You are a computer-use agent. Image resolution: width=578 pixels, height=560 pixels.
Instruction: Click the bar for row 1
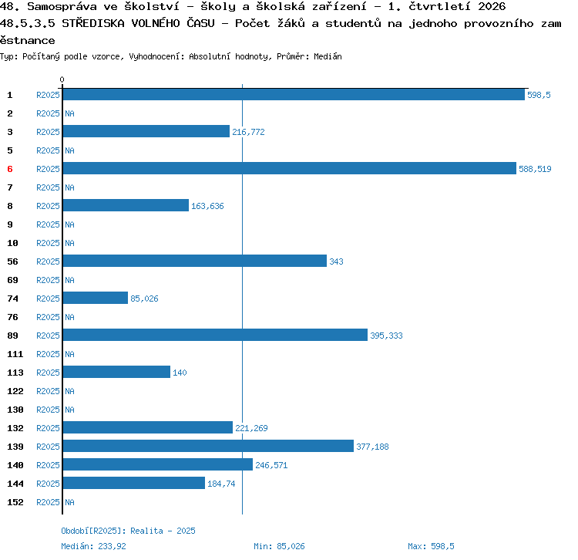pos(294,94)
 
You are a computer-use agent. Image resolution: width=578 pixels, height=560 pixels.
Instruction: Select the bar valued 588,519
pos(289,168)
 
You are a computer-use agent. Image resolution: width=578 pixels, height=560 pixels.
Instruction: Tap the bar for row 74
pos(96,298)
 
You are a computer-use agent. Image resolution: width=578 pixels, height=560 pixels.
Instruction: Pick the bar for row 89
pos(215,335)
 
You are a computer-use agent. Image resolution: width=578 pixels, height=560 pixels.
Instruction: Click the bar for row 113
pos(116,372)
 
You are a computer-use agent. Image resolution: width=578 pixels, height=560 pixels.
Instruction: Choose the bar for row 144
pos(134,483)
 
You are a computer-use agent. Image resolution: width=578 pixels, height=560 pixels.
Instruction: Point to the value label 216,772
pos(248,132)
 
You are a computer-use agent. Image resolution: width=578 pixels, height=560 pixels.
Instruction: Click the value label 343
pos(336,261)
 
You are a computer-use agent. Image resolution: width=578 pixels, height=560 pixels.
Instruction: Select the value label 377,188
pos(372,447)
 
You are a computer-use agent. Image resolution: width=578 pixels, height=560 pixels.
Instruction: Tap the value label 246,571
pos(271,465)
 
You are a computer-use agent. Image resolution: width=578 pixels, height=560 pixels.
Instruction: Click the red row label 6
pos(10,169)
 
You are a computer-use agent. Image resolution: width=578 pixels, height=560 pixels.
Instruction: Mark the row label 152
pos(15,502)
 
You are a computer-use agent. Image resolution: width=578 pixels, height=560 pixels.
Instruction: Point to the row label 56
pos(12,261)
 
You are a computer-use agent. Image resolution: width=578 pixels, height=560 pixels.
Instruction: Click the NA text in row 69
pos(69,280)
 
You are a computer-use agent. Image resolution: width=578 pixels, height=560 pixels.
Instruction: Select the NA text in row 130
pos(69,410)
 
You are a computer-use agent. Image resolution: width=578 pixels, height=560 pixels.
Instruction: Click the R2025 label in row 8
pos(48,206)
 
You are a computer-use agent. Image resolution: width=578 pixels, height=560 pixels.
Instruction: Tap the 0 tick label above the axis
pos(62,79)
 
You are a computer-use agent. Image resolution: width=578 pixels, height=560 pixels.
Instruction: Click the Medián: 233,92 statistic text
pos(93,546)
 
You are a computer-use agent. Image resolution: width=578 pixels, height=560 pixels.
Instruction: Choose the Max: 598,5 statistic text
pos(431,546)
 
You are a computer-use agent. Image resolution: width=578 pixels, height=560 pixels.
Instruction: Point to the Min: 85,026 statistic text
pos(279,546)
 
